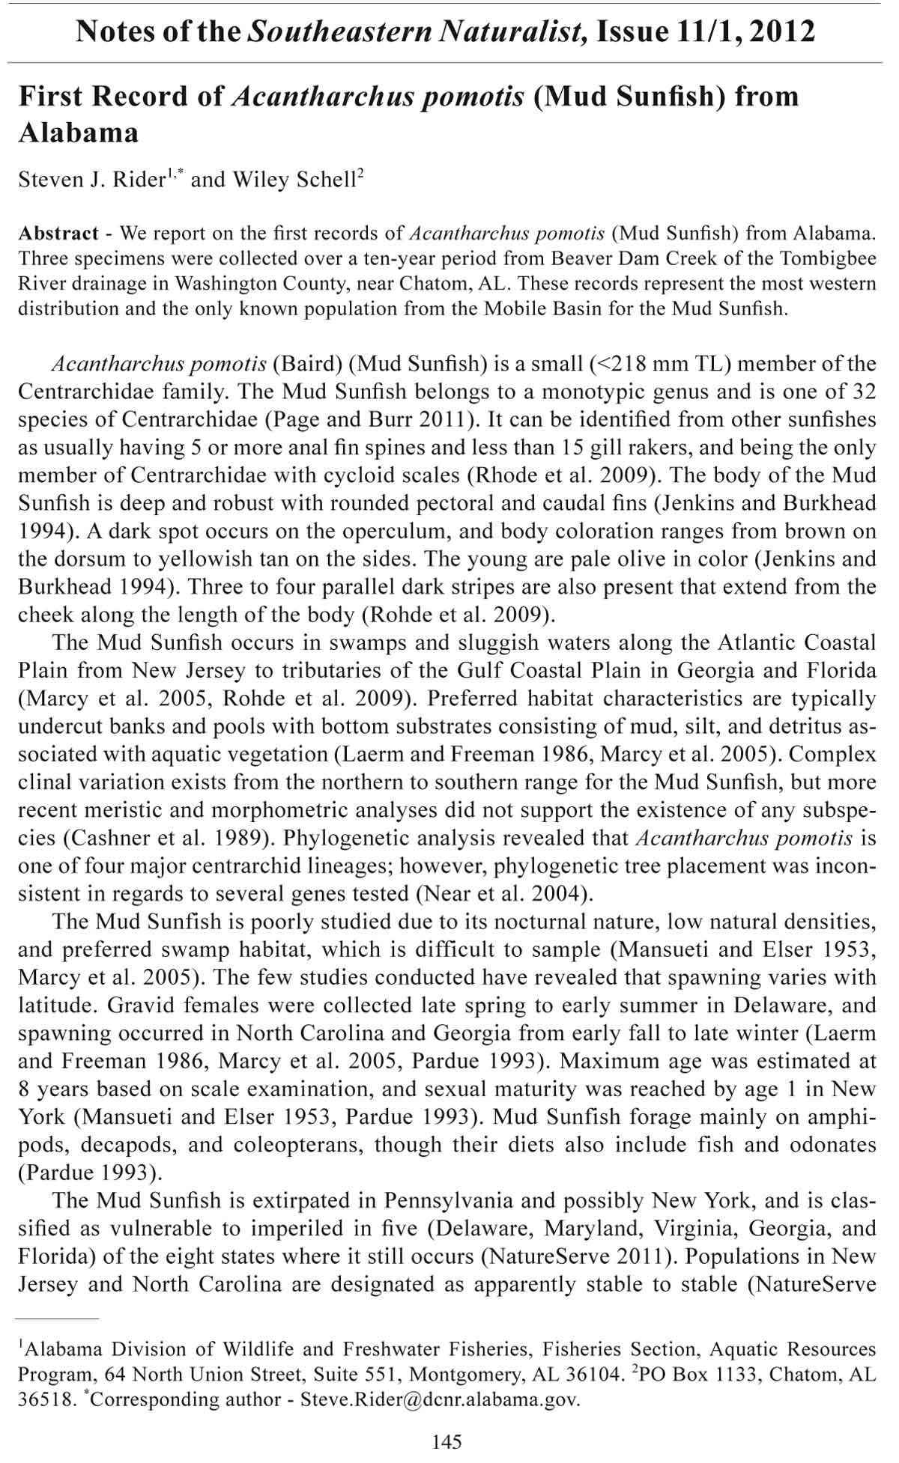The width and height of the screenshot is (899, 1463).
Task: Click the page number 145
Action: tap(447, 1441)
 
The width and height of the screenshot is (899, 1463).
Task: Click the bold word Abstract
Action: tap(58, 233)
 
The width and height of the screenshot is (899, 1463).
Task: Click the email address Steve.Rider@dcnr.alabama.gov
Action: tap(440, 1399)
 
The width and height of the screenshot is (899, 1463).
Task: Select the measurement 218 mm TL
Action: tap(656, 365)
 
